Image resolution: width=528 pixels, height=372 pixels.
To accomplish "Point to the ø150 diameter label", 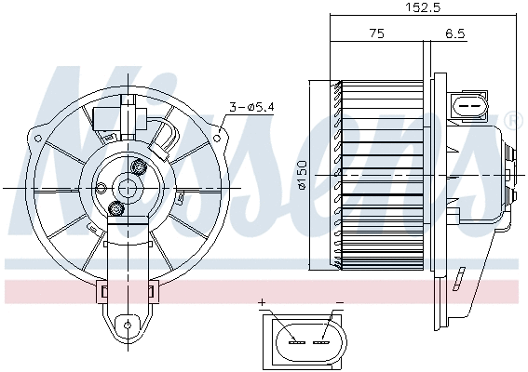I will point(303,174).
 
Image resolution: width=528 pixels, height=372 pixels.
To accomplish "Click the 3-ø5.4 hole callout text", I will point(250,108).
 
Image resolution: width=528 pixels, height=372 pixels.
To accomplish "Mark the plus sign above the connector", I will point(264,303).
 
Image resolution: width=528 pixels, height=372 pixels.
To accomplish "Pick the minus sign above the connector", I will point(338,303).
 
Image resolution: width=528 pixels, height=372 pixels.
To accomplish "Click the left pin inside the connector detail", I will point(296,341).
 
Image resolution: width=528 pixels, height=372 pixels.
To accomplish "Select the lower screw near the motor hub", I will point(115,208).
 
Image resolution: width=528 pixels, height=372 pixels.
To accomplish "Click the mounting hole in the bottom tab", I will point(125,325).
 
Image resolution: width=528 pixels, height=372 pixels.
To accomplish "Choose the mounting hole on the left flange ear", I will point(40,140).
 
